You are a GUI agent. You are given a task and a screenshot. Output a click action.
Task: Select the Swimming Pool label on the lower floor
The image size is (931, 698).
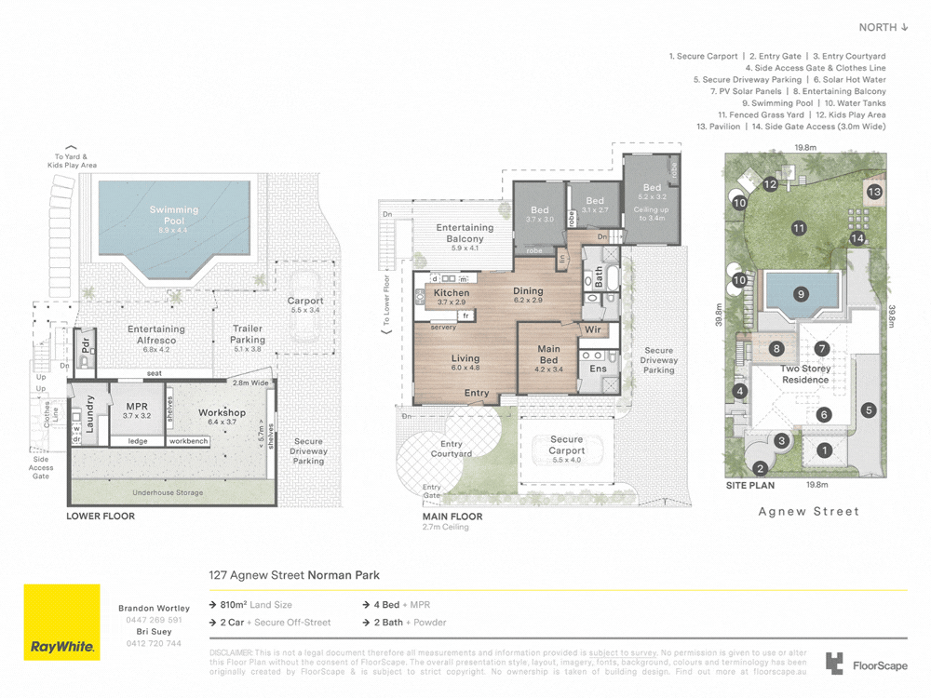tap(174, 215)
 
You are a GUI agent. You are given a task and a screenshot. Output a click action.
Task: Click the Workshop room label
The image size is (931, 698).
tap(222, 412)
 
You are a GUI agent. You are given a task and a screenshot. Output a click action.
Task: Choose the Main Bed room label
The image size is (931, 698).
tap(549, 355)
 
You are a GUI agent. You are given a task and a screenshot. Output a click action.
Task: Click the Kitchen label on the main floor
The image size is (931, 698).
tap(452, 293)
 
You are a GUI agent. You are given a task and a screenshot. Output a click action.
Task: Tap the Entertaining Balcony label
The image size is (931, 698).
tap(465, 233)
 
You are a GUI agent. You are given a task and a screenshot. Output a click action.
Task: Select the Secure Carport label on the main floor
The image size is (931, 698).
tap(566, 444)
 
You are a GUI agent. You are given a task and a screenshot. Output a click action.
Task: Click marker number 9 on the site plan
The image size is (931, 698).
tap(800, 294)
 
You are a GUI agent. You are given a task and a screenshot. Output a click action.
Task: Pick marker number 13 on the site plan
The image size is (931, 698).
tap(873, 192)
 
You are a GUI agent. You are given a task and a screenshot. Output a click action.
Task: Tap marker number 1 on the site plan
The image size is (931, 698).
tap(823, 450)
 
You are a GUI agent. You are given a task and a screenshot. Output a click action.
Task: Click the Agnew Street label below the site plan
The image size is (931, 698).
tap(808, 511)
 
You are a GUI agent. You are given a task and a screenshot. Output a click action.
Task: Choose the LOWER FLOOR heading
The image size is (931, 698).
tap(101, 516)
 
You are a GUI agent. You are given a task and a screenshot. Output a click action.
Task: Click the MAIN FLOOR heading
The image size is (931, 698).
tap(452, 516)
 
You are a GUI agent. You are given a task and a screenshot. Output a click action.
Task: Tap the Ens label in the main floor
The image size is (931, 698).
tap(598, 369)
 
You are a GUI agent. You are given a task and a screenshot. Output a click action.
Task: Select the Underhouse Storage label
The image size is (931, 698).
tap(168, 492)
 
